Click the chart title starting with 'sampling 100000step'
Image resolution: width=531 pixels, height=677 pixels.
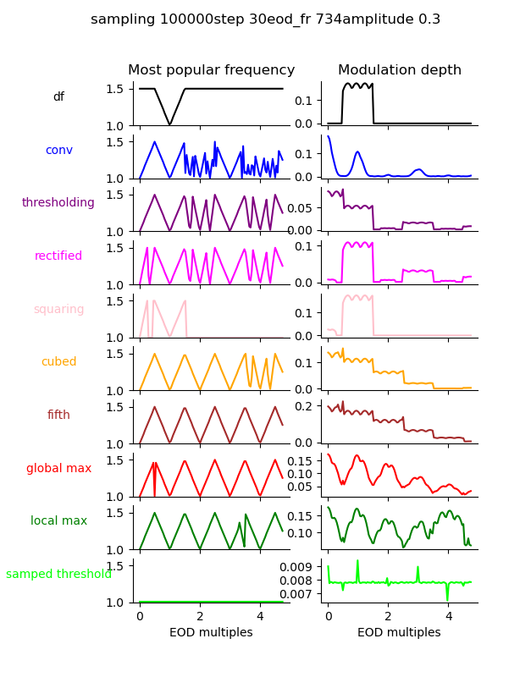coord(265,19)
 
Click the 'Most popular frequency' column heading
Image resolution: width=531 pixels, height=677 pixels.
coord(211,70)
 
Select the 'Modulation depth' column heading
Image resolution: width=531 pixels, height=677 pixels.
coord(399,70)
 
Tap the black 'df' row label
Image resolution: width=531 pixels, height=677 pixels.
coord(58,97)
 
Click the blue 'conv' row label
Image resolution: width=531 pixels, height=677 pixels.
coord(58,151)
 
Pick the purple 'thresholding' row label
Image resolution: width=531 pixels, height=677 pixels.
coord(58,203)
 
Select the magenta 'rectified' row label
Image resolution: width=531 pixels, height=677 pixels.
coord(58,256)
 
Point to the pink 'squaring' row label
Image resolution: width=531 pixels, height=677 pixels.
coord(58,310)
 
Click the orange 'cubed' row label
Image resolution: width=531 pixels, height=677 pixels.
coord(58,362)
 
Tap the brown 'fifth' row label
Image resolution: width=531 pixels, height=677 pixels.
coord(58,416)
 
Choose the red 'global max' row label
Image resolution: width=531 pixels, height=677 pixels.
coord(58,468)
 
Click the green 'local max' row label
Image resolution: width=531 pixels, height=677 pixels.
coord(58,521)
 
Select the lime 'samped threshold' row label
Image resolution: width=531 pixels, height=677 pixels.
coord(58,575)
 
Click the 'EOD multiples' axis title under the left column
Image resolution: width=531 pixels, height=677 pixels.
coord(211,633)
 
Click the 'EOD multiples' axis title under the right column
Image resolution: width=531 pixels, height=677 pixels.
coord(399,633)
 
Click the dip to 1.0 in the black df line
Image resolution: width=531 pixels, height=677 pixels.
coord(170,124)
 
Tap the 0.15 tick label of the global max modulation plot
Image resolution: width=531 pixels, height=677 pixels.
coord(303,460)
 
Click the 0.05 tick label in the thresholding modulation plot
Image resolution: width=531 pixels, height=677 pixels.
coord(303,206)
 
